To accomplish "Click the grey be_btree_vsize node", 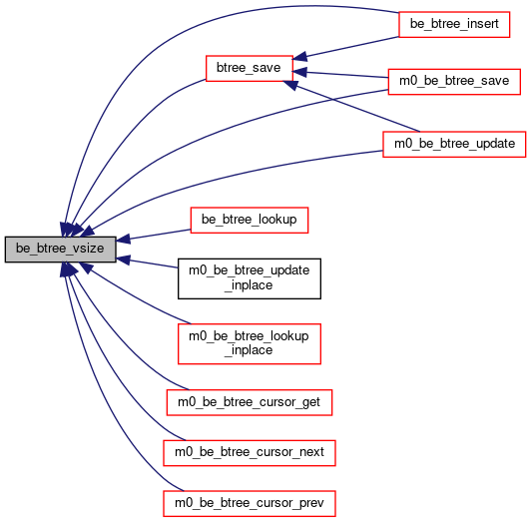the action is click(x=60, y=250).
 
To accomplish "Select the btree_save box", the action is click(x=250, y=69).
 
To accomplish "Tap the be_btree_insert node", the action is click(x=454, y=24).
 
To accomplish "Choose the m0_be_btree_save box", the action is click(x=454, y=82).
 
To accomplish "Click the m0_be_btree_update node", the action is click(x=454, y=145).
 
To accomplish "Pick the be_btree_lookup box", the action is click(x=250, y=221).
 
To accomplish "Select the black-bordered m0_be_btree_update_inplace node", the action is click(x=250, y=278).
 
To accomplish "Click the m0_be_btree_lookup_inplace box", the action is click(x=250, y=343).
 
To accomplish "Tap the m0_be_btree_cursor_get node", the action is click(x=250, y=402).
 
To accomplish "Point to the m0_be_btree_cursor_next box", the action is click(x=250, y=453).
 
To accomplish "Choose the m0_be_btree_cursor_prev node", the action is click(x=250, y=504).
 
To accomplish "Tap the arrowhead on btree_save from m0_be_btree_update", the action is click(x=290, y=85).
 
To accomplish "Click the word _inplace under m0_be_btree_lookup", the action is click(x=250, y=350).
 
